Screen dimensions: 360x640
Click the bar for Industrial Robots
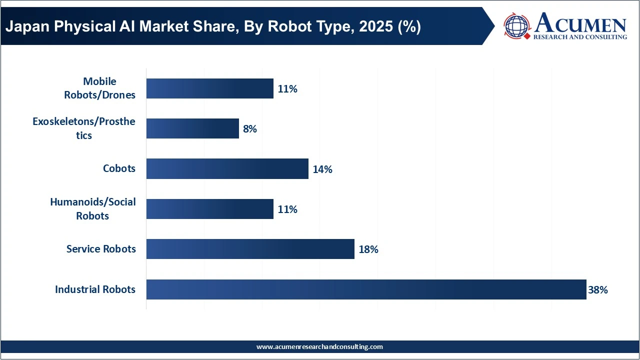[x=366, y=289]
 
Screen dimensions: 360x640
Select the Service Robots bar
[x=250, y=249]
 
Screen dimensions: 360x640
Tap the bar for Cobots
[x=227, y=169]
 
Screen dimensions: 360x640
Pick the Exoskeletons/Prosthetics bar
[x=192, y=129]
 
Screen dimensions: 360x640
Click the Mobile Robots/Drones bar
[x=209, y=88]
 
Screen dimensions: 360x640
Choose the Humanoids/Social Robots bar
[x=209, y=209]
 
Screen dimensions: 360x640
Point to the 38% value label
[x=597, y=289]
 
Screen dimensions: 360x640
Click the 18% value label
[x=368, y=249]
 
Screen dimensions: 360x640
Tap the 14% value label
[x=322, y=169]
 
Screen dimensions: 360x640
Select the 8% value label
[x=249, y=129]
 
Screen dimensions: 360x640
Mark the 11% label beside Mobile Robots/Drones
[x=287, y=89]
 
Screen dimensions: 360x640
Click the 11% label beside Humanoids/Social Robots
[x=287, y=209]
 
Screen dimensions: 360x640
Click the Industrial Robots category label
[x=95, y=289]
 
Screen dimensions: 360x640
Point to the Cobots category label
[x=119, y=168]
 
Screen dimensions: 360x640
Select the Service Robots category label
[x=101, y=249]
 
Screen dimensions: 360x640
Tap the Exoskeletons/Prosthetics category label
[x=84, y=128]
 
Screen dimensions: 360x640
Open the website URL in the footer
[x=319, y=347]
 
